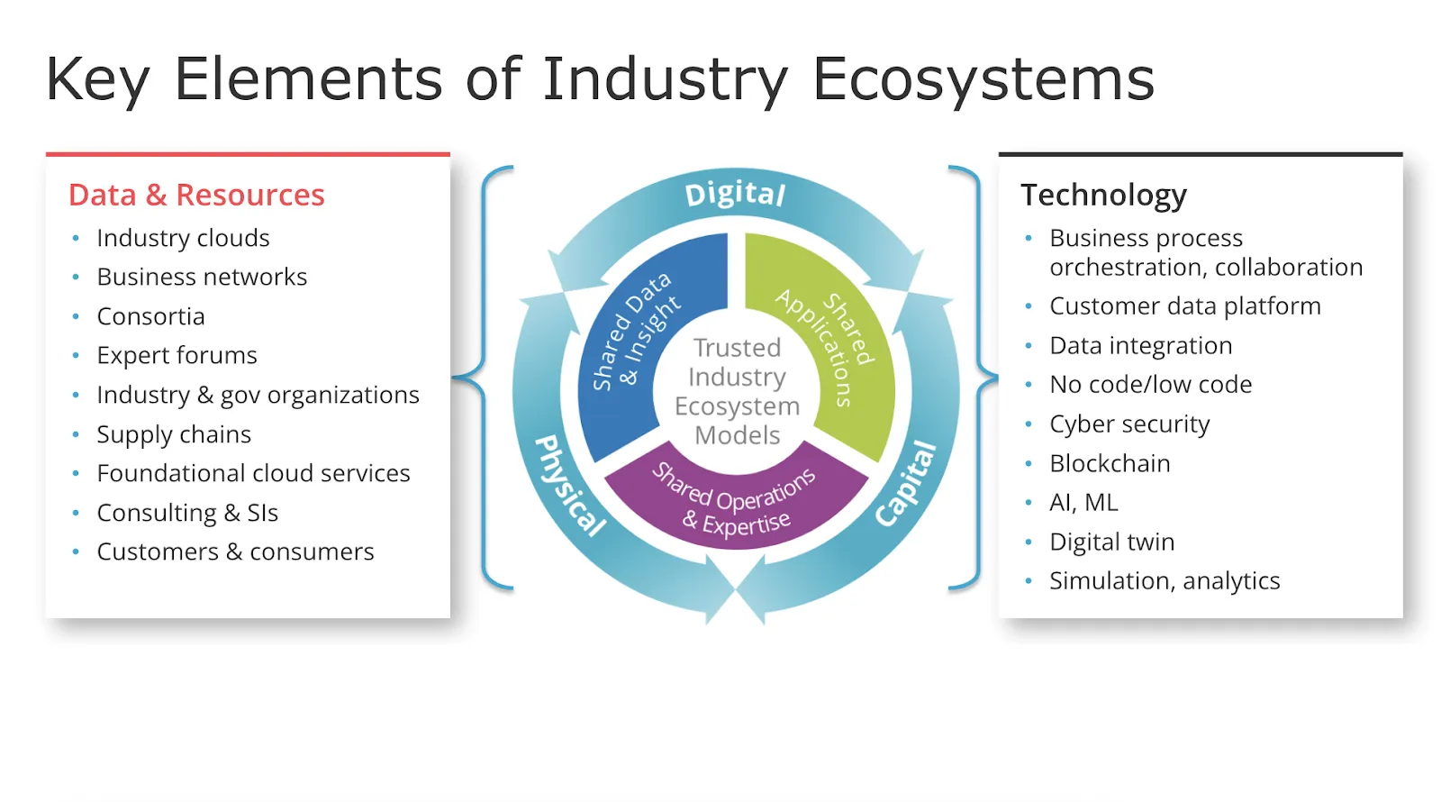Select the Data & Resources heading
pyautogui.click(x=196, y=195)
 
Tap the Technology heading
pyautogui.click(x=1103, y=196)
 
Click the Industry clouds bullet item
pyautogui.click(x=183, y=239)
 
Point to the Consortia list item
pyautogui.click(x=150, y=316)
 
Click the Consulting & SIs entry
pyautogui.click(x=187, y=513)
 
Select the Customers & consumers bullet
pyautogui.click(x=235, y=552)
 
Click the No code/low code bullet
pyautogui.click(x=1151, y=385)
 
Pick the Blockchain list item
pyautogui.click(x=1110, y=463)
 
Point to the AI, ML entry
pyautogui.click(x=1083, y=503)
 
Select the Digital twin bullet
pyautogui.click(x=1111, y=542)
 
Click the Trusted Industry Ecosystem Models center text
pyautogui.click(x=738, y=391)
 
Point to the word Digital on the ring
pyautogui.click(x=735, y=194)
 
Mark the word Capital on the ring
pyautogui.click(x=906, y=484)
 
